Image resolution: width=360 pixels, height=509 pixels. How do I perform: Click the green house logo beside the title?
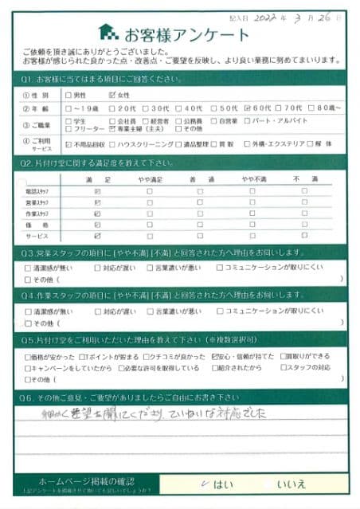(108, 33)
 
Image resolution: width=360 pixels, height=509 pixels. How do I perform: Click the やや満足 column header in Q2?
(148, 181)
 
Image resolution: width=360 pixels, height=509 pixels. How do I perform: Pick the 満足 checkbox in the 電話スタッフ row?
(97, 191)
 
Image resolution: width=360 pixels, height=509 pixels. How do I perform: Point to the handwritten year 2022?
(261, 16)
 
